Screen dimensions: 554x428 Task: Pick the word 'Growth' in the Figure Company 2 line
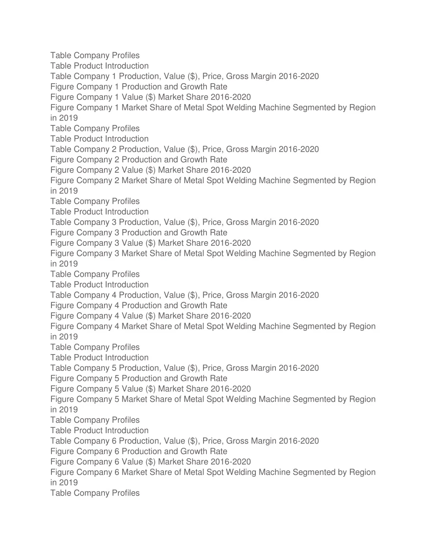(x=193, y=160)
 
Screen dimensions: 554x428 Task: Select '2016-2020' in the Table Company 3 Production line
(x=298, y=222)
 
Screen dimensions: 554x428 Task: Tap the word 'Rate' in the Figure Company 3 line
(x=219, y=232)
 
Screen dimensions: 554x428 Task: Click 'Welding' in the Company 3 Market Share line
(x=241, y=253)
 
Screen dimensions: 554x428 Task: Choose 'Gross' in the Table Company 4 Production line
(x=237, y=295)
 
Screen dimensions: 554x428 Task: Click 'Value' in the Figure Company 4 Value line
(x=132, y=316)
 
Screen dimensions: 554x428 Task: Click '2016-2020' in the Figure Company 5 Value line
(x=231, y=389)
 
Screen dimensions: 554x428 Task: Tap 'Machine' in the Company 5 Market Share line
(x=275, y=399)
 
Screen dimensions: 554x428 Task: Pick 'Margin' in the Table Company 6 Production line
(x=263, y=441)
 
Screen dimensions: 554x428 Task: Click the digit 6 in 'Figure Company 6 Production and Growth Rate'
(x=117, y=451)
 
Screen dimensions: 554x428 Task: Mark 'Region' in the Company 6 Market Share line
(x=362, y=472)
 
